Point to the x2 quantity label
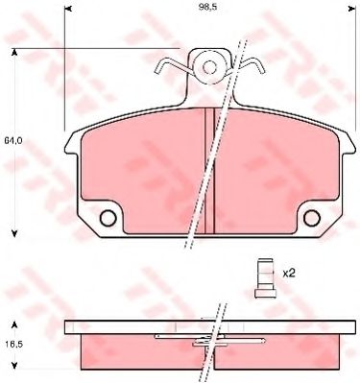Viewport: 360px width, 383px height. [287, 272]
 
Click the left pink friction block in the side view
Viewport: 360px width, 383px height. [139, 349]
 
